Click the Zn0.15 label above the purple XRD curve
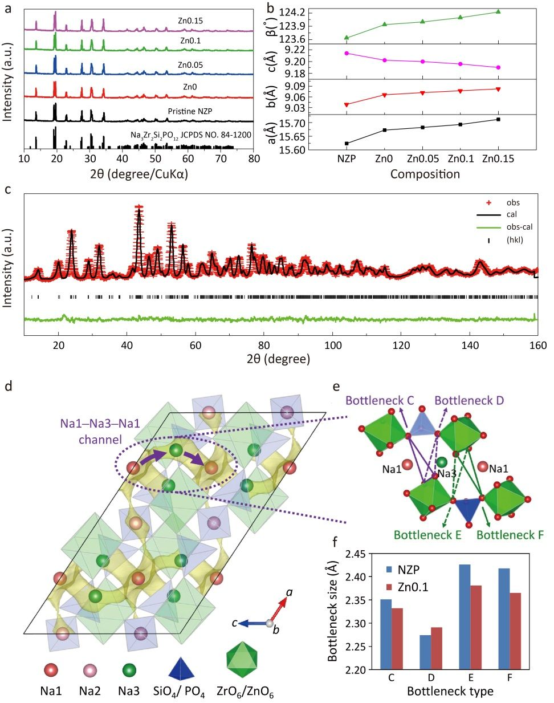190,21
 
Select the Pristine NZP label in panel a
190,111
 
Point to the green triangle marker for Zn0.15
498,11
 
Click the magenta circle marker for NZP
347,53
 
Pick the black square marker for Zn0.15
498,119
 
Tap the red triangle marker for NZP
347,104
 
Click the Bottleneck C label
380,401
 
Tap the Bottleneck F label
506,535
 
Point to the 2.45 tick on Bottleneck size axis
354,554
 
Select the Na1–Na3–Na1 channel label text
100,432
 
